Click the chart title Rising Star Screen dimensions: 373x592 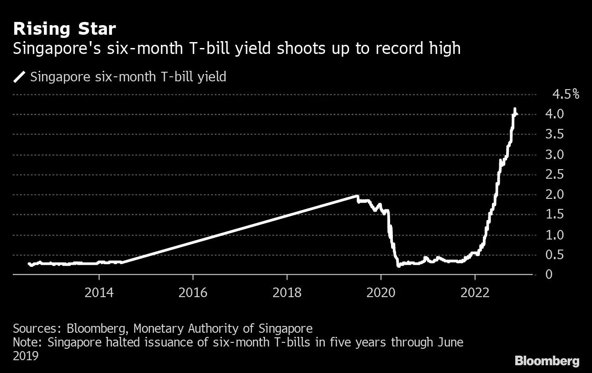tap(64, 29)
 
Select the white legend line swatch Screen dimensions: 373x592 tap(20, 76)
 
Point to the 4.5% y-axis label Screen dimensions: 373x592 tap(566, 95)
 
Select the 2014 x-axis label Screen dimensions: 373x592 tap(99, 292)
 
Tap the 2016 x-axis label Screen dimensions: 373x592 tap(193, 292)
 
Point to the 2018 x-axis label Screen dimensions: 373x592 tap(287, 292)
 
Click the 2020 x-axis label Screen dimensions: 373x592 tap(381, 292)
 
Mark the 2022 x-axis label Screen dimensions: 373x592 tap(475, 292)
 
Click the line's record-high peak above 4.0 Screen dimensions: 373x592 tap(515, 109)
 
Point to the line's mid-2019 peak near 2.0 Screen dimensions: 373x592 tap(356, 196)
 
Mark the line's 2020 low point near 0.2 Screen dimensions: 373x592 tap(398, 265)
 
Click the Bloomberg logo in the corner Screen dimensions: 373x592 tap(547, 361)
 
